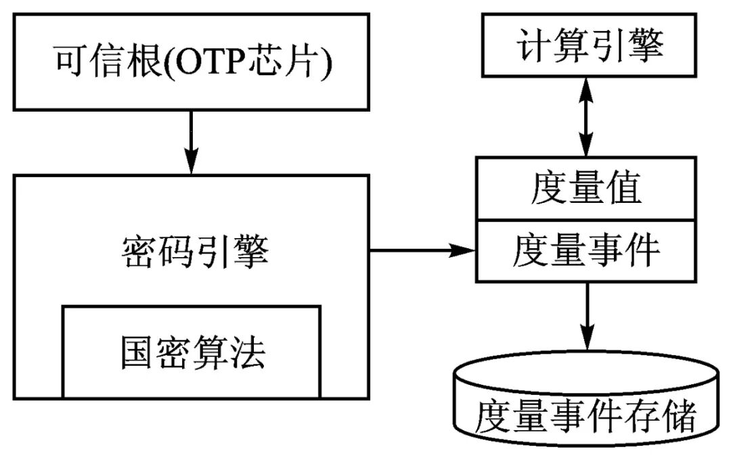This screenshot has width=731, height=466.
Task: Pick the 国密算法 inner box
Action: click(192, 352)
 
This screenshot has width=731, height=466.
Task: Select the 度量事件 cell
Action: click(586, 251)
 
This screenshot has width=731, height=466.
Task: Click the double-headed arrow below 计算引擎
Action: click(586, 116)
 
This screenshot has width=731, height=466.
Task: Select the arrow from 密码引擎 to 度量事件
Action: click(423, 250)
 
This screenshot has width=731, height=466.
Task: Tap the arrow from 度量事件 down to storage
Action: click(586, 315)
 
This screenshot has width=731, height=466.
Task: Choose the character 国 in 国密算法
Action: click(137, 352)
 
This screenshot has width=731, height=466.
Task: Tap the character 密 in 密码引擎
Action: click(139, 254)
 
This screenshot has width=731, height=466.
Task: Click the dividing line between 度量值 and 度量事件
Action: click(586, 220)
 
